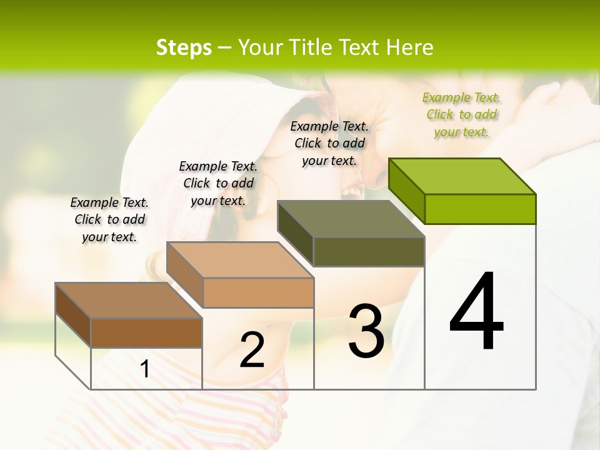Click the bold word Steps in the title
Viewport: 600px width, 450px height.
point(184,47)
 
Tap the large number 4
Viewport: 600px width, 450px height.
point(476,312)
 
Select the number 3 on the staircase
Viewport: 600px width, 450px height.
point(366,331)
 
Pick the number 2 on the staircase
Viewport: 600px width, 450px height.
point(252,351)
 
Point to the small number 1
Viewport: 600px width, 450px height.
point(145,369)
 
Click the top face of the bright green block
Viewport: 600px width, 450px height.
point(462,176)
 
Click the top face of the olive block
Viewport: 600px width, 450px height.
point(351,219)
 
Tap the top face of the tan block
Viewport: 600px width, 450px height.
point(240,260)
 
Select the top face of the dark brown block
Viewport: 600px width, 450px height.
point(129,301)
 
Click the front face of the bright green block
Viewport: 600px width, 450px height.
point(480,209)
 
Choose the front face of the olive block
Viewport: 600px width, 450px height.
point(369,251)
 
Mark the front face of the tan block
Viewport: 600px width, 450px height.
point(258,292)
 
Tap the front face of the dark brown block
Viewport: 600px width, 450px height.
point(146,332)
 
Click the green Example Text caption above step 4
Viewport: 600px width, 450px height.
point(461,115)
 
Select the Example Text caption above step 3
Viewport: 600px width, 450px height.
point(329,144)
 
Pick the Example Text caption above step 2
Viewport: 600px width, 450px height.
point(218,183)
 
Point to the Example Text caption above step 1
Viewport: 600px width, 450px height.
point(109,219)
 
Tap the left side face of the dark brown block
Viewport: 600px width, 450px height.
point(73,315)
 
